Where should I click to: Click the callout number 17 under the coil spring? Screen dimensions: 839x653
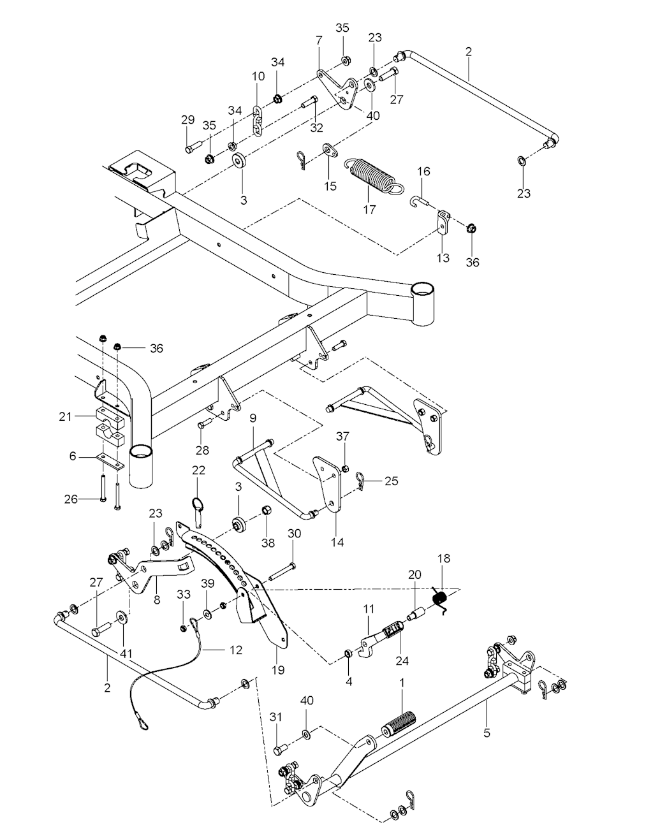pyautogui.click(x=369, y=209)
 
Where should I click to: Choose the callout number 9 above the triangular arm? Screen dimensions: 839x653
pyautogui.click(x=253, y=419)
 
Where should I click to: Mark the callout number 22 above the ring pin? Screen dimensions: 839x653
pyautogui.click(x=199, y=470)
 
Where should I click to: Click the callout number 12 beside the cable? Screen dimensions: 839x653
pyautogui.click(x=236, y=650)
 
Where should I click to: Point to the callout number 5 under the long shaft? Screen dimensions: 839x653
pyautogui.click(x=487, y=733)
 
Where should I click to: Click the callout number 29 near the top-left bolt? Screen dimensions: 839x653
pyautogui.click(x=187, y=120)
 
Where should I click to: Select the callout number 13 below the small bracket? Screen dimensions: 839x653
pyautogui.click(x=443, y=258)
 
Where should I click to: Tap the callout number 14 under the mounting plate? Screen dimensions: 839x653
pyautogui.click(x=337, y=542)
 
